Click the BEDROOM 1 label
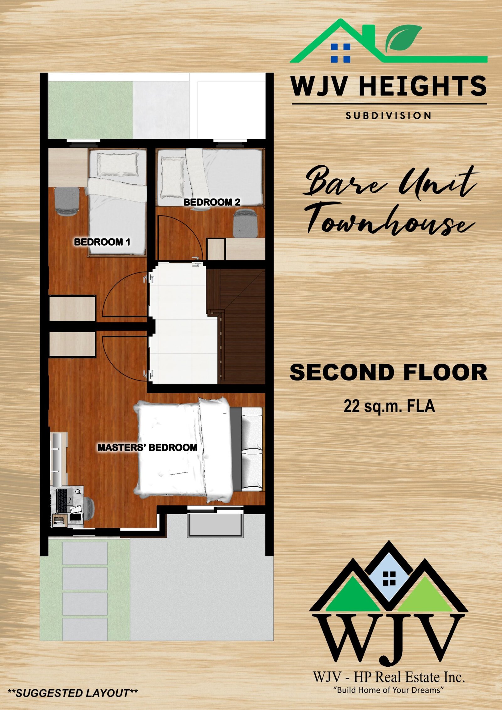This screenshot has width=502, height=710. [x=102, y=242]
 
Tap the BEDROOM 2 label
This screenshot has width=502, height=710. [x=212, y=202]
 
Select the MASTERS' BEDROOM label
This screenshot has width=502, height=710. [x=147, y=447]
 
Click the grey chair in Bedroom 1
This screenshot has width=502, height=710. [x=67, y=201]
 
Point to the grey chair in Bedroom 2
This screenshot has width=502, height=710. [x=246, y=223]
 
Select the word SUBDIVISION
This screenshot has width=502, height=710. [x=389, y=116]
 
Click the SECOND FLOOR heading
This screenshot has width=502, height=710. [x=388, y=372]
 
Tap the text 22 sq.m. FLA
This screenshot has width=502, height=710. [x=389, y=406]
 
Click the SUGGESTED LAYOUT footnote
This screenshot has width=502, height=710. [x=72, y=693]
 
